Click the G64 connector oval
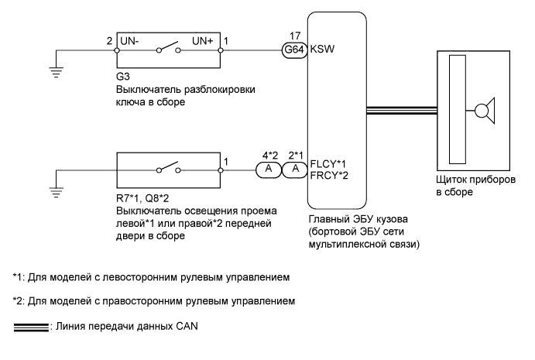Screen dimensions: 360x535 coord(294,49)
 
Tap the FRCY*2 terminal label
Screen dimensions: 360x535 coord(328,175)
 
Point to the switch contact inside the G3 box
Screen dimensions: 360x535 coord(170,49)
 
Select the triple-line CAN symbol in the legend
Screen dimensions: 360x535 coord(30,326)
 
